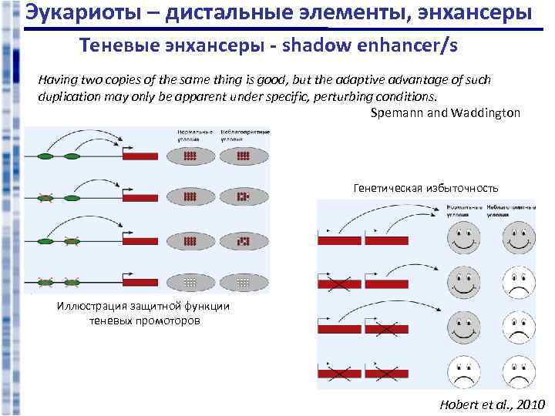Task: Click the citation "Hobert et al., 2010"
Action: pos(492,404)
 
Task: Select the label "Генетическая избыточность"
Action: pos(425,188)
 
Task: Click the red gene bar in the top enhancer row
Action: pos(140,156)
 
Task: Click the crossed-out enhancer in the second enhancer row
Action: pos(45,198)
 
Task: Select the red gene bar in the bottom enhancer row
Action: pos(140,282)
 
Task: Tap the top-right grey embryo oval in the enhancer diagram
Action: pos(244,156)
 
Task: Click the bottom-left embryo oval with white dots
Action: pos(189,282)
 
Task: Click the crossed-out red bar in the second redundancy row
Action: pos(339,286)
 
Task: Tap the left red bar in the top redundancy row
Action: pos(339,241)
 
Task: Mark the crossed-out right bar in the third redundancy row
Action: pos(386,330)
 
